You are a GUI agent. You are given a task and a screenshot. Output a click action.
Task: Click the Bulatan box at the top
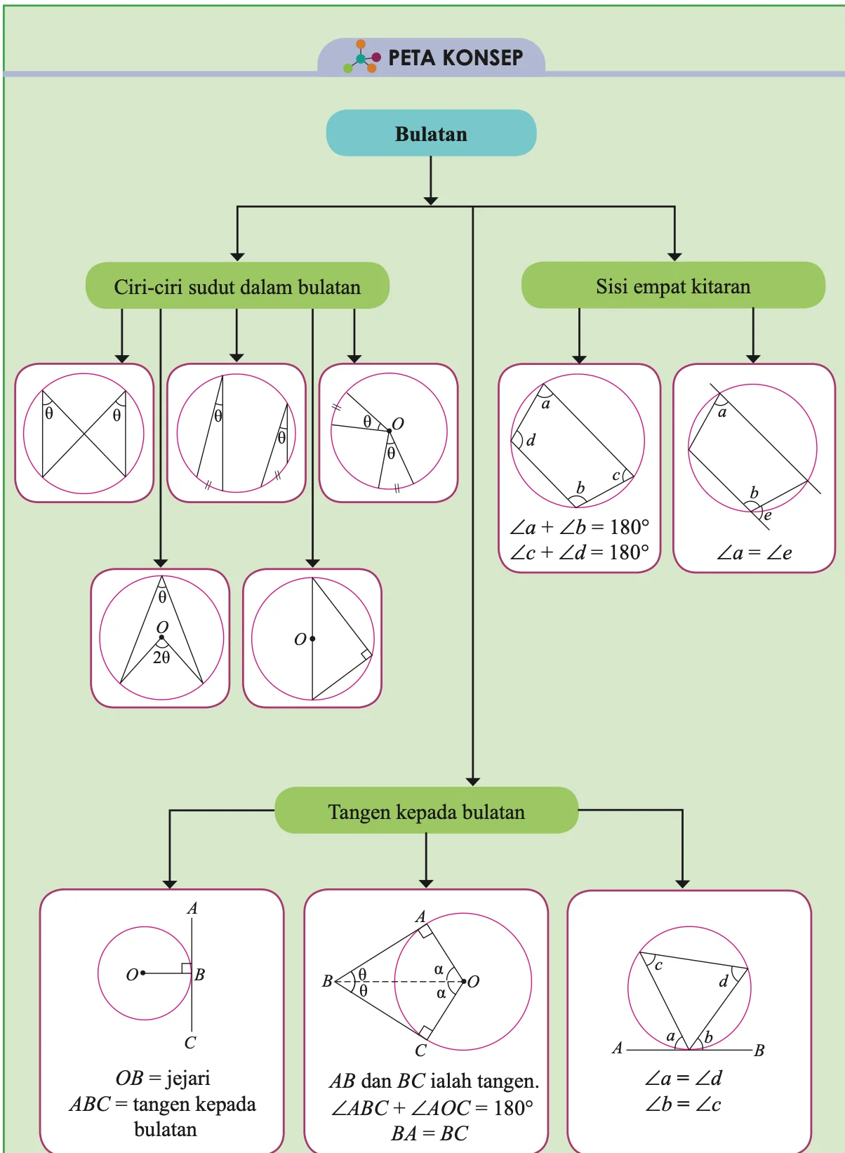[x=431, y=133]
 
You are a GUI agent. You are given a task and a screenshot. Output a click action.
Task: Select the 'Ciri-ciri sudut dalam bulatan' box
[x=237, y=286]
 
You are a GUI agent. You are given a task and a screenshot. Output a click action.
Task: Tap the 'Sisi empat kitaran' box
[x=673, y=285]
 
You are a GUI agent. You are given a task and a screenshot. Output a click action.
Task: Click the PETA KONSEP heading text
[x=455, y=58]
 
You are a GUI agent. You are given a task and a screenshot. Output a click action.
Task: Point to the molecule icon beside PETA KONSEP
[x=362, y=57]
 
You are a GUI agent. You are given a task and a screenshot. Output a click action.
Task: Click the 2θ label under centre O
[x=161, y=658]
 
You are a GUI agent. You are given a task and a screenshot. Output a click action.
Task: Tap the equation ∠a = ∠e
[x=754, y=553]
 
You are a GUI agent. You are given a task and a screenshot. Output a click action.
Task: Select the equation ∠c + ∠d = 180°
[x=579, y=552]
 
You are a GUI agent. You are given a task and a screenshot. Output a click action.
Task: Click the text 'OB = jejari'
[x=163, y=1078]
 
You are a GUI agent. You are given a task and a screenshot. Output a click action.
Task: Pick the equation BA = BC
[x=430, y=1133]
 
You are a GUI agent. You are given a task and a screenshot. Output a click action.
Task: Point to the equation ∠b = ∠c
[x=684, y=1104]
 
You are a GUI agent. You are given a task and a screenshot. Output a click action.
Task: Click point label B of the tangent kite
[x=327, y=981]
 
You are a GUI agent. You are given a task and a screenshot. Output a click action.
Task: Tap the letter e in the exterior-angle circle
[x=768, y=514]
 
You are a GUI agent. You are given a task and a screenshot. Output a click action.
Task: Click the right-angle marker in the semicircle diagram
[x=366, y=655]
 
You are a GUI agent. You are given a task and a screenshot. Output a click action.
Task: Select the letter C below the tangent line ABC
[x=190, y=1043]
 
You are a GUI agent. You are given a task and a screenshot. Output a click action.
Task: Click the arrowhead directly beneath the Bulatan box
[x=431, y=201]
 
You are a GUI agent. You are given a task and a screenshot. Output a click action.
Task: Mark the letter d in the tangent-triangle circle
[x=724, y=981]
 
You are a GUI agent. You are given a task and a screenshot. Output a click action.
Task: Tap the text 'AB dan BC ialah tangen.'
[x=434, y=1081]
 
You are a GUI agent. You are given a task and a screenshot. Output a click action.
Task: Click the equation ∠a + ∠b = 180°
[x=579, y=526]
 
